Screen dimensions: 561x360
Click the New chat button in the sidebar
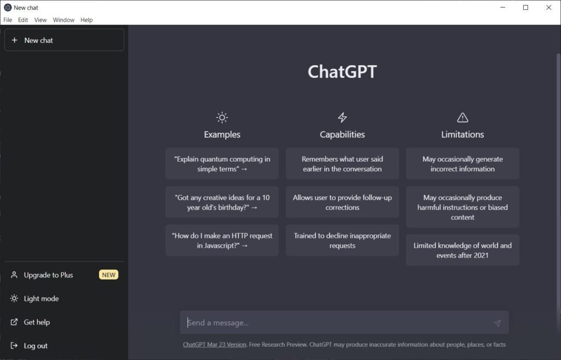point(65,40)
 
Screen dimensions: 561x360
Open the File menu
point(8,20)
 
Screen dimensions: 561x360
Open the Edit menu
point(23,20)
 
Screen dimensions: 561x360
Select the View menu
point(41,20)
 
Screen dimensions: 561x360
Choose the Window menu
point(64,20)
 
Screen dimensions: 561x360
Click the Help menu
point(87,20)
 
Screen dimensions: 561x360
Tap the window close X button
point(548,7)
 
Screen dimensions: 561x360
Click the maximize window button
point(525,7)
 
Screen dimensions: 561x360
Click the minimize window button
point(503,7)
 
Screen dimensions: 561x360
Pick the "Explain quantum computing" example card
point(222,163)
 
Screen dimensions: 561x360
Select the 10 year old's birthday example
point(222,202)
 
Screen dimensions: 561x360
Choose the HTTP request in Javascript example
point(222,241)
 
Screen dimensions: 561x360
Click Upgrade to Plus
point(48,275)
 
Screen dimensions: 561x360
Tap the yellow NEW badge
point(109,275)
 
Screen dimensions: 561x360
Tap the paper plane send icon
point(497,323)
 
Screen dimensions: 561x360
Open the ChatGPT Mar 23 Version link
point(214,345)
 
